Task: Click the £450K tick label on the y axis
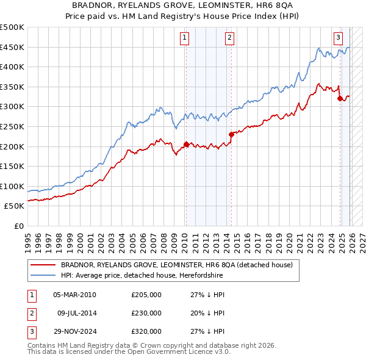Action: coord(12,47)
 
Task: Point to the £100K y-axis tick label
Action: coord(12,186)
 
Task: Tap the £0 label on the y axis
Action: coord(18,226)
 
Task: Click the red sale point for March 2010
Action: coord(185,145)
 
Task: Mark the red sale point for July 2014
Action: coord(231,134)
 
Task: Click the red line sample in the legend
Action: coord(43,265)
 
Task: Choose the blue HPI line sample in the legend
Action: coord(43,275)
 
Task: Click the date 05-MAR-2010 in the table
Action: coord(74,295)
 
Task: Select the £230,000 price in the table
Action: coord(146,313)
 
